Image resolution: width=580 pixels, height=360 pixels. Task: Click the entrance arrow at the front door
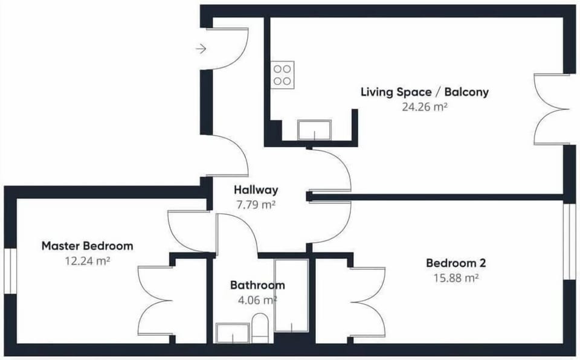201,48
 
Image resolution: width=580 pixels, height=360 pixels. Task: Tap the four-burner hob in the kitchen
282,75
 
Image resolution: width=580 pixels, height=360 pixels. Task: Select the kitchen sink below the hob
314,130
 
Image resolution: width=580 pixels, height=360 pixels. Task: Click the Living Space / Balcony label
425,92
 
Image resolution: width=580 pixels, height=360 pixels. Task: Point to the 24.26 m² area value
425,107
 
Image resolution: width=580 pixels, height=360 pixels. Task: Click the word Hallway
256,190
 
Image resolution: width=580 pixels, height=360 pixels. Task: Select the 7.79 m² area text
256,204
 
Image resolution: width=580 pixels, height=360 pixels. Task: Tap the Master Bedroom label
87,246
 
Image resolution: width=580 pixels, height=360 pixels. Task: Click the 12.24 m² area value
87,261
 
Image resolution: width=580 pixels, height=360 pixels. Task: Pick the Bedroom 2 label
456,263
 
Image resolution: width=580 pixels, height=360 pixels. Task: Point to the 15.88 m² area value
456,277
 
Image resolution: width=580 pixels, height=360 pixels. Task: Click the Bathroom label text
257,285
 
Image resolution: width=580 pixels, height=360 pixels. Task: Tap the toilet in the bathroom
260,328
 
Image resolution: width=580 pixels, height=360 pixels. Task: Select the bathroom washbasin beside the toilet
233,333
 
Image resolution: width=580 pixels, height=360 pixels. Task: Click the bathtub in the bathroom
291,295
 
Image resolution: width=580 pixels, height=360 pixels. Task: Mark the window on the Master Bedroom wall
10,271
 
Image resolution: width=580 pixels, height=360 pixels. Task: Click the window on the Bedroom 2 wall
570,241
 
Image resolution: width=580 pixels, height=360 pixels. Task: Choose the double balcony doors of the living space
551,109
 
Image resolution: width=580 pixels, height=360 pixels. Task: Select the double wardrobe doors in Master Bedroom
155,300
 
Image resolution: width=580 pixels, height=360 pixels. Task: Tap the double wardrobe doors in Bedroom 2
368,302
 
